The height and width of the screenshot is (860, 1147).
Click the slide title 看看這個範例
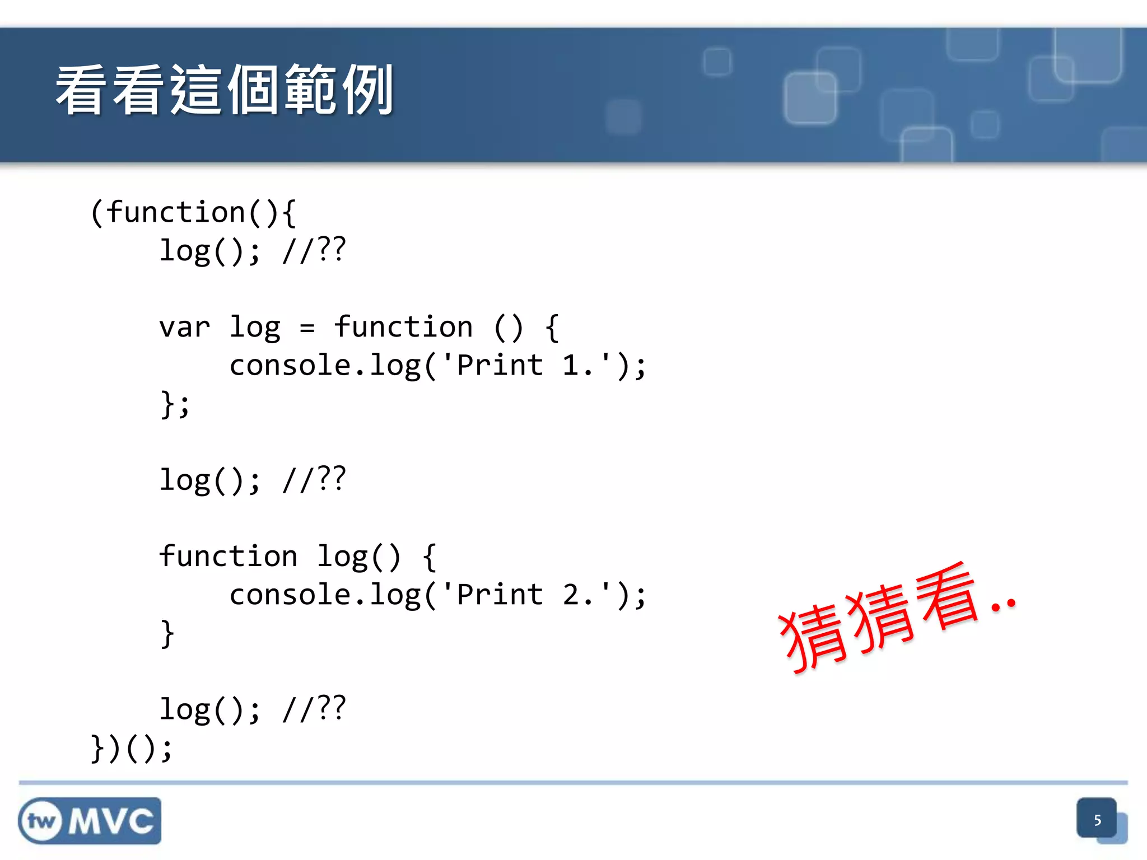point(224,90)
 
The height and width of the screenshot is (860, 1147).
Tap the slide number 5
point(1097,820)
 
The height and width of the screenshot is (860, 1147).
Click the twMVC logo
point(90,821)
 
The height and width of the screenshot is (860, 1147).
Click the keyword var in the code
point(184,328)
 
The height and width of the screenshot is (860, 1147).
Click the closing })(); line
point(132,748)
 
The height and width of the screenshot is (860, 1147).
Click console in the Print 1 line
point(290,366)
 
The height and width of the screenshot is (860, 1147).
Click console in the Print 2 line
point(290,595)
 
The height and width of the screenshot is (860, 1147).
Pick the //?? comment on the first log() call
point(314,250)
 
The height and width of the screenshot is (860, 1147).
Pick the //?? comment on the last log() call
point(314,709)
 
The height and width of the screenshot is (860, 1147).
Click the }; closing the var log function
point(175,404)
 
